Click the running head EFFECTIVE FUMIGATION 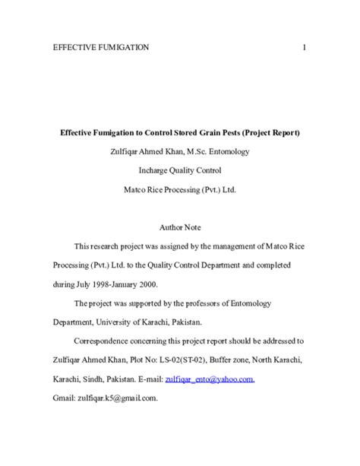click(x=101, y=48)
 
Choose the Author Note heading click(x=180, y=227)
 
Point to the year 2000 click(x=144, y=284)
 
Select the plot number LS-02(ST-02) click(x=186, y=360)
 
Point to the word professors click(x=197, y=303)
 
